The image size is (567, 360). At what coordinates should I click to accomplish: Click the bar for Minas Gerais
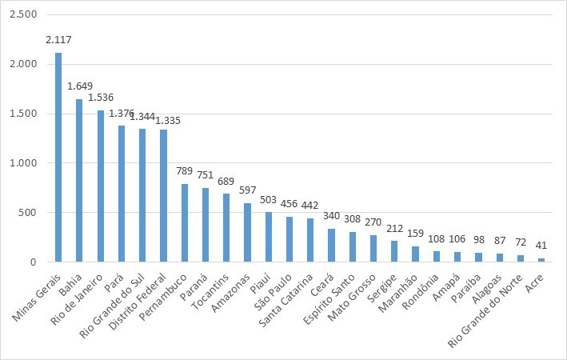[x=58, y=158]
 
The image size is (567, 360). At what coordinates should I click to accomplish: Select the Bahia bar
[x=79, y=181]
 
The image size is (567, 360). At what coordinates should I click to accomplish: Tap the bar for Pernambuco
[x=184, y=223]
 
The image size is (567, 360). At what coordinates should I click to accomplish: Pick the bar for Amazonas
[x=247, y=233]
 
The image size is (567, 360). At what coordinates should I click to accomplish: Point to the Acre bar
[x=541, y=260]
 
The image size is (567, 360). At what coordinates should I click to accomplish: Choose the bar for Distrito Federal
[x=163, y=196]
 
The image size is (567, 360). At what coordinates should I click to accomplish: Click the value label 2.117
[x=59, y=40]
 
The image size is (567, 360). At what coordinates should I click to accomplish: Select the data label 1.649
[x=80, y=86]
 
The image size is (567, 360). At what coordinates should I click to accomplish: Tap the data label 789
[x=185, y=171]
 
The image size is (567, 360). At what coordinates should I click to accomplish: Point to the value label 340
[x=331, y=216]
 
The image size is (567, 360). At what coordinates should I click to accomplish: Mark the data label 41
[x=541, y=246]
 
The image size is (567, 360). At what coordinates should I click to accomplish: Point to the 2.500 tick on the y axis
[x=25, y=15]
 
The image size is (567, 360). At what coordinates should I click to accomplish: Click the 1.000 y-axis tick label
[x=25, y=163]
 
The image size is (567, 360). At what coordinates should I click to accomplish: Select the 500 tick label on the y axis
[x=29, y=213]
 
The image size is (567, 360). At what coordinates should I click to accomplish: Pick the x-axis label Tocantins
[x=209, y=289]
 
